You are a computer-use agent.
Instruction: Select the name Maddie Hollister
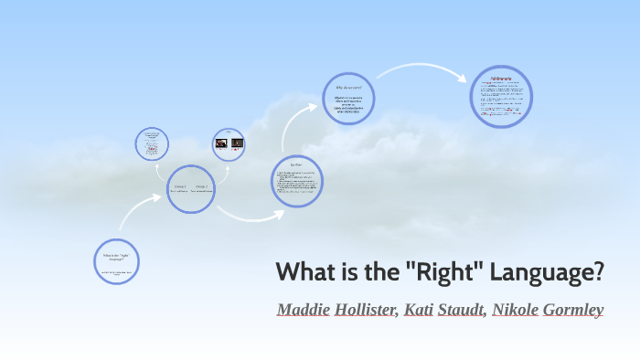[x=336, y=310]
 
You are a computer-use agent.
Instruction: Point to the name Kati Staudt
[x=444, y=310]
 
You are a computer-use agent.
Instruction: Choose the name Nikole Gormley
[x=548, y=310]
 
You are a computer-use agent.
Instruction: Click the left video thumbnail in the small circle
[x=220, y=143]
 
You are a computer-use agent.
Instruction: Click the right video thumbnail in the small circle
[x=237, y=143]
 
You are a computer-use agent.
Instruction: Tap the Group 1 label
[x=180, y=186]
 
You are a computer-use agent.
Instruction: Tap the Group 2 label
[x=201, y=186]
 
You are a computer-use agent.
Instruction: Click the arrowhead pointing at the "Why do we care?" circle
[x=315, y=109]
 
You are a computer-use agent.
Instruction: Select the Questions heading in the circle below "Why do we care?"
[x=298, y=166]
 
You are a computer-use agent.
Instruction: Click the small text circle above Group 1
[x=152, y=143]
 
